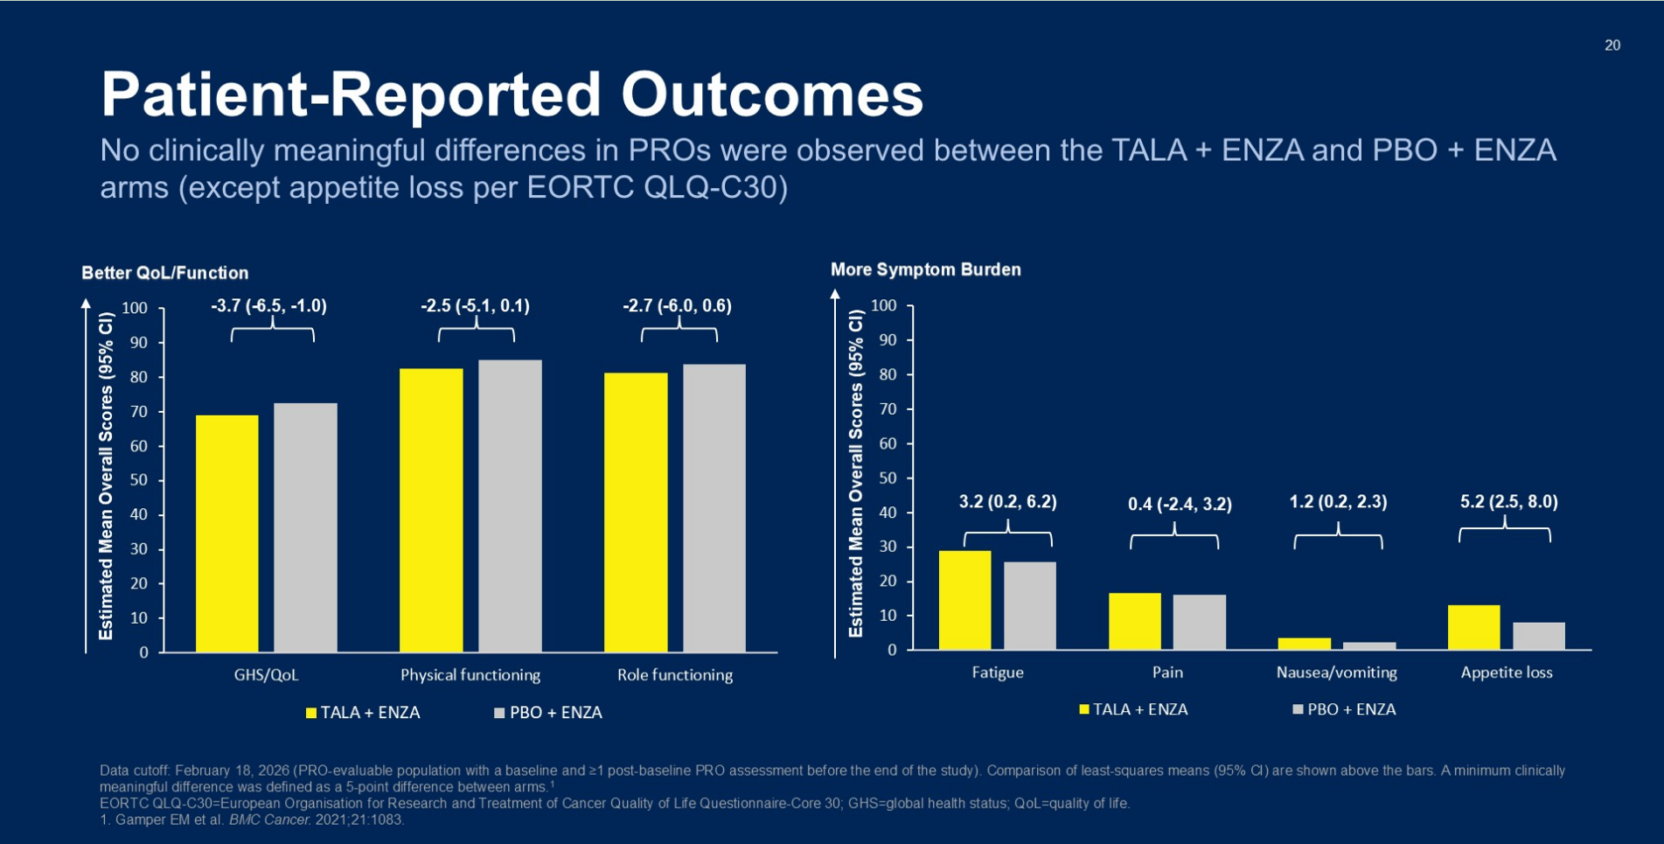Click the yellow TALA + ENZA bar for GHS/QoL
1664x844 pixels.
coord(227,534)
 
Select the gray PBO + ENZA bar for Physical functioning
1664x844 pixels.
coord(510,506)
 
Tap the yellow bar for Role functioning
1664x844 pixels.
coord(636,513)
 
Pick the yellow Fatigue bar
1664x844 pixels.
coord(965,600)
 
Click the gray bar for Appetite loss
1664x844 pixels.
coord(1539,636)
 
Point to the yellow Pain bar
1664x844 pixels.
coord(1135,621)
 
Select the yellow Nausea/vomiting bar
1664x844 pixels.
coord(1305,644)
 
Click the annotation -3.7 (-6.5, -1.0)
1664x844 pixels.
coord(269,306)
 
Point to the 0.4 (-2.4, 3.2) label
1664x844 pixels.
coord(1180,504)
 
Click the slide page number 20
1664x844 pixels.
coord(1612,45)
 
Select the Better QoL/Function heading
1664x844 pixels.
coord(165,273)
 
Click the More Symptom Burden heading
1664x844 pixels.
coord(926,269)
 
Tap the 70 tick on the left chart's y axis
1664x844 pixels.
coord(139,412)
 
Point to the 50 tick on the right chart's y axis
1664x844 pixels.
coord(888,478)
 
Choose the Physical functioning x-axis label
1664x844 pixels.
coord(470,675)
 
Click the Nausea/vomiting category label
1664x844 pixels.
coord(1337,673)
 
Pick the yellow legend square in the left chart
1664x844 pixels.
coord(310,714)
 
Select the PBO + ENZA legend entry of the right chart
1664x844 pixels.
coord(1344,709)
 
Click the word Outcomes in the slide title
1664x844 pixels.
coord(772,94)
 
